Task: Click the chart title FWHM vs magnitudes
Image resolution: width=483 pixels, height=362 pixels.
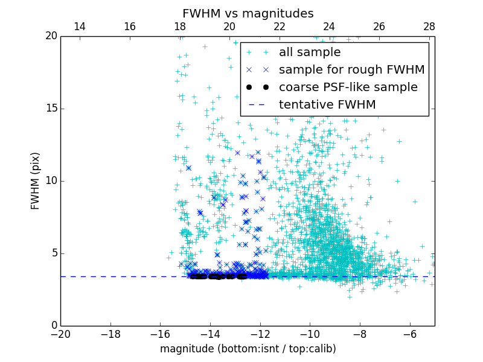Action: tap(248, 13)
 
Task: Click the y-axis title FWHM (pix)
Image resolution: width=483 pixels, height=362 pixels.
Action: tap(36, 180)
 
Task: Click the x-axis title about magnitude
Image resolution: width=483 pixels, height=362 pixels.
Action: tap(248, 349)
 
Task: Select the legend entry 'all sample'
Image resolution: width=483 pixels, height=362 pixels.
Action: tap(309, 52)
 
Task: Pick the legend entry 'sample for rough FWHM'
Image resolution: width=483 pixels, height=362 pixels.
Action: tap(351, 70)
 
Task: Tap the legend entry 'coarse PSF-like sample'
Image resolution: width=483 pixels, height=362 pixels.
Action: tap(348, 87)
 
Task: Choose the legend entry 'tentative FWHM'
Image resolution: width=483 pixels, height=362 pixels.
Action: tap(327, 105)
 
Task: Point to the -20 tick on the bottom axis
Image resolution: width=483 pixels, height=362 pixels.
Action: tap(60, 334)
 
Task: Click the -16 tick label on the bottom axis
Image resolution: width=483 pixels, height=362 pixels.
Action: tap(160, 334)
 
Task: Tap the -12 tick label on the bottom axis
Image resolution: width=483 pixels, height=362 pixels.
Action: tap(260, 334)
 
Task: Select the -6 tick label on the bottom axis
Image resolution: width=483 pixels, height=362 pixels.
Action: tap(409, 334)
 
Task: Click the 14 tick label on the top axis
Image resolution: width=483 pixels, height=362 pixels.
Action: tap(79, 27)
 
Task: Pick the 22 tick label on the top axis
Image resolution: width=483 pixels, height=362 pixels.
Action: tap(279, 27)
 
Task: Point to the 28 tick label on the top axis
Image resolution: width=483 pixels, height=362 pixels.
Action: tap(429, 27)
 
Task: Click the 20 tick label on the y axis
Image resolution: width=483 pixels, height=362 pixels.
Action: tap(51, 36)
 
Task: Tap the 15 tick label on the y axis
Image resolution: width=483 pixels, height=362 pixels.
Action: tap(51, 109)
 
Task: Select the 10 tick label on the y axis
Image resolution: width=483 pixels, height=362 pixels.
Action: tap(51, 181)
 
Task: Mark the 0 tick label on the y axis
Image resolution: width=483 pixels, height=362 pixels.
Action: tap(53, 326)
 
